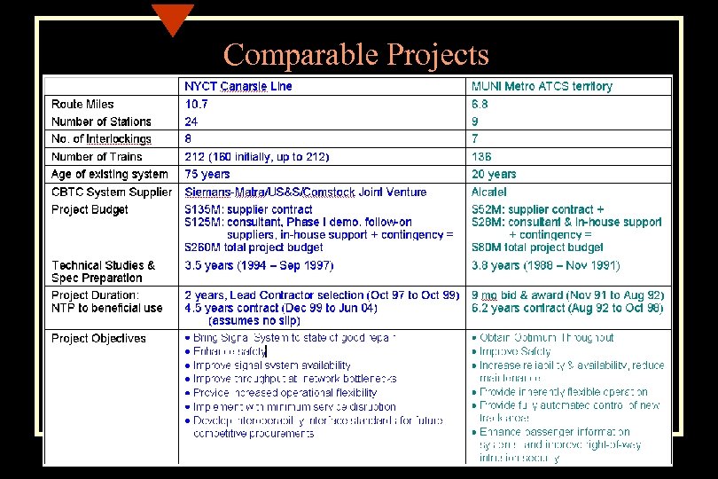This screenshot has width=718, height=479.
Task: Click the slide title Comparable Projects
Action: click(355, 55)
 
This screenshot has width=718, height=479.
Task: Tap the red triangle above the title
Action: click(172, 17)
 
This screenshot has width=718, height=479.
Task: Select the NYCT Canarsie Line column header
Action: click(238, 87)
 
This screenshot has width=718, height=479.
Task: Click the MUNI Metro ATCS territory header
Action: click(542, 87)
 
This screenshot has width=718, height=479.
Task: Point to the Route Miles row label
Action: click(82, 105)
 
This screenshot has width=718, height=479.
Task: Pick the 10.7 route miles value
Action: click(197, 105)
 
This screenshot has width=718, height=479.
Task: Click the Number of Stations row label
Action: click(101, 122)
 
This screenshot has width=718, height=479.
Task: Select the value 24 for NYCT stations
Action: click(191, 122)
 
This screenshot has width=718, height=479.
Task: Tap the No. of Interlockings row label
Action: click(101, 139)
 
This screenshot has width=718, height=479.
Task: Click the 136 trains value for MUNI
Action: click(481, 157)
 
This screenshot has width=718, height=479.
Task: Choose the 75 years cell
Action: click(207, 175)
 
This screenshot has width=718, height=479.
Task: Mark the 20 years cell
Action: click(494, 175)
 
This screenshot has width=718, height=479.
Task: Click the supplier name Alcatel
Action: click(489, 192)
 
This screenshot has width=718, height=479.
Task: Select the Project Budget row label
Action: click(90, 210)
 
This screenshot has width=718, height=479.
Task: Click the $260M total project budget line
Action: click(254, 247)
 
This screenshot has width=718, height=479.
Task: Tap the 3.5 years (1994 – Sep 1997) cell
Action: click(259, 265)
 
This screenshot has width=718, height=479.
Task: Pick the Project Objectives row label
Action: click(98, 338)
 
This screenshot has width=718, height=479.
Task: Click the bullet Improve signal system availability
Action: click(271, 365)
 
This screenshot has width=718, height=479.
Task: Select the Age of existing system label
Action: click(109, 175)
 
